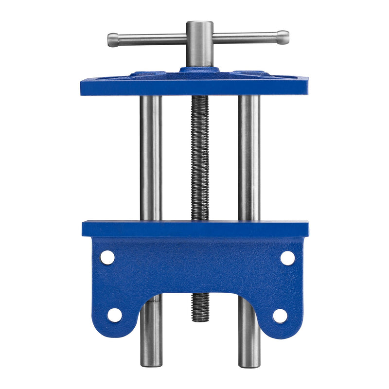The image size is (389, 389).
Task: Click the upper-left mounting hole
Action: click(x=107, y=257)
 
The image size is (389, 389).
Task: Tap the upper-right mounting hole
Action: click(x=287, y=258)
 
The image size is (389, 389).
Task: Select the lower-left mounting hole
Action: click(x=115, y=315)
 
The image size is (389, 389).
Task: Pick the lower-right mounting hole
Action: click(x=280, y=316)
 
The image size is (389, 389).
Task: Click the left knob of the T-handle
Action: click(x=112, y=40)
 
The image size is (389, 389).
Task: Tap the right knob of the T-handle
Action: click(x=283, y=36)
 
